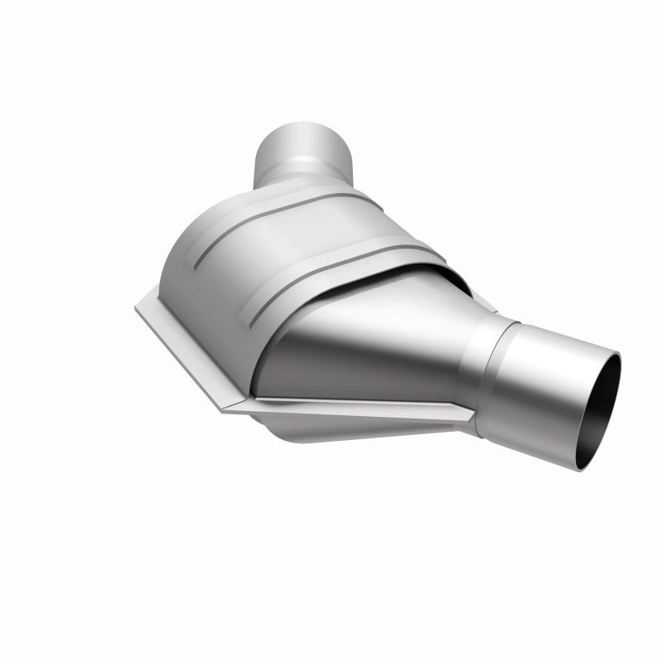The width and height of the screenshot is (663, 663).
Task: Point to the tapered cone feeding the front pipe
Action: [373, 340]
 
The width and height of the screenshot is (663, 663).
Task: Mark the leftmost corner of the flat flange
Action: [138, 307]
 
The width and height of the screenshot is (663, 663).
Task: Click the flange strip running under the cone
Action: [348, 406]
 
